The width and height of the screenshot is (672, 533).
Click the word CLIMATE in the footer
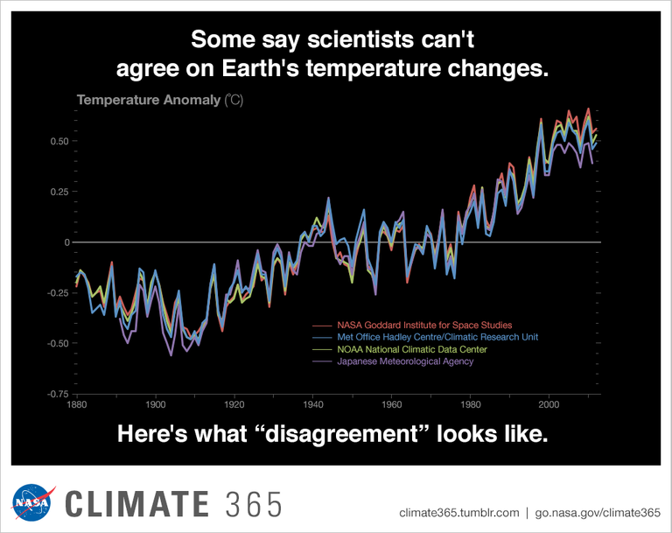pos(137,505)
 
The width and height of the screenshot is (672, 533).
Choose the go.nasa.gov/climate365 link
pos(596,512)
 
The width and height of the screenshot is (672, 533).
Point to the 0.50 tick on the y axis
pos(58,141)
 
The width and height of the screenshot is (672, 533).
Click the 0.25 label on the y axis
pos(58,192)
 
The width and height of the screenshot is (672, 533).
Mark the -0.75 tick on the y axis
pos(56,395)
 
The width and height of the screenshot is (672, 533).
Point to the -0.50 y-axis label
pos(56,344)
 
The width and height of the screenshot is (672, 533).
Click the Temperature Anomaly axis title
pos(149,100)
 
